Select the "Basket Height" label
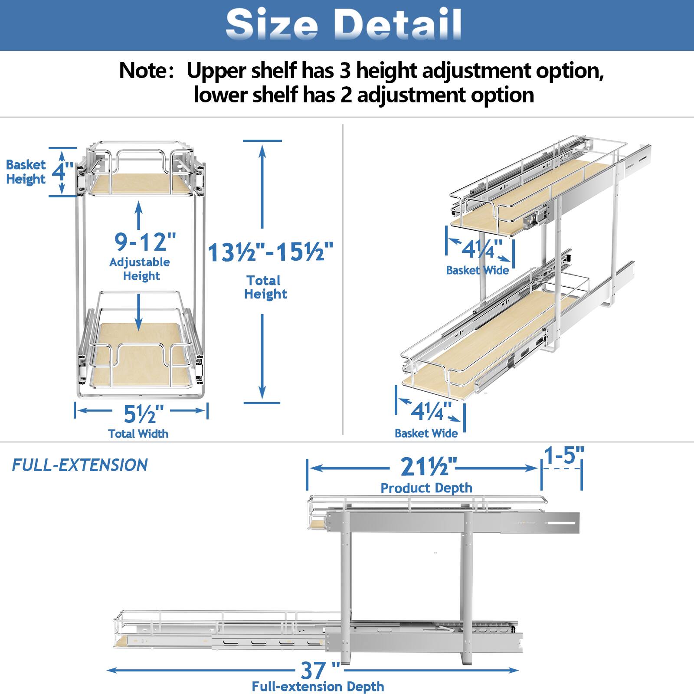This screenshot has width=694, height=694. (26, 172)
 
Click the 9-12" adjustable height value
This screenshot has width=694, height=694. (145, 242)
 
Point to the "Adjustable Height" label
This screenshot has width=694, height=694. (140, 269)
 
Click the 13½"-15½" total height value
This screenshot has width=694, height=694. (271, 252)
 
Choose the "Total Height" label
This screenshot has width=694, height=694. (265, 287)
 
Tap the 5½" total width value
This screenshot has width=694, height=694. (144, 414)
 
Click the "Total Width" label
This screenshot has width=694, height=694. (138, 434)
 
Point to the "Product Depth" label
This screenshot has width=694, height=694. (426, 488)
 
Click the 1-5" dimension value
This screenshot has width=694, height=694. (564, 456)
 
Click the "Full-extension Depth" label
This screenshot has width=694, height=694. (318, 687)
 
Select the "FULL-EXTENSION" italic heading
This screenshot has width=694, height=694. (80, 465)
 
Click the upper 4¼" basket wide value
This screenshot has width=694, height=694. (481, 249)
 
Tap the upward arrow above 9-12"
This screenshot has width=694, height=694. (138, 215)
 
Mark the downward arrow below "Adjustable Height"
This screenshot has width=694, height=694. (138, 312)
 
